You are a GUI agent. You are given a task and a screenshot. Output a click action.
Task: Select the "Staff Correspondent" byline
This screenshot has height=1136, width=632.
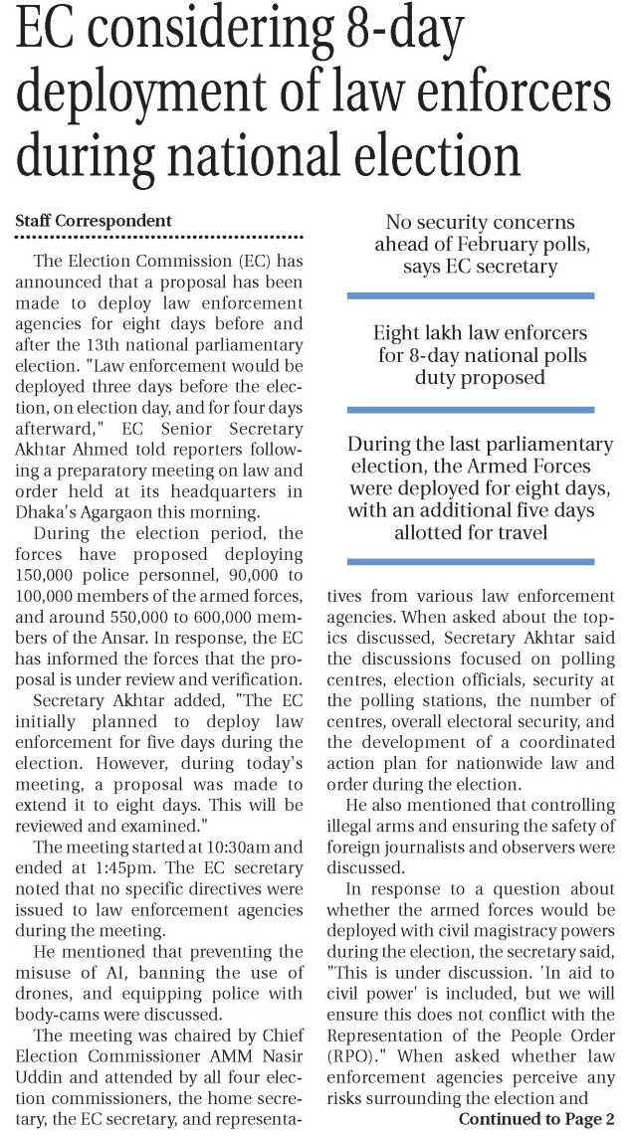93,220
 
